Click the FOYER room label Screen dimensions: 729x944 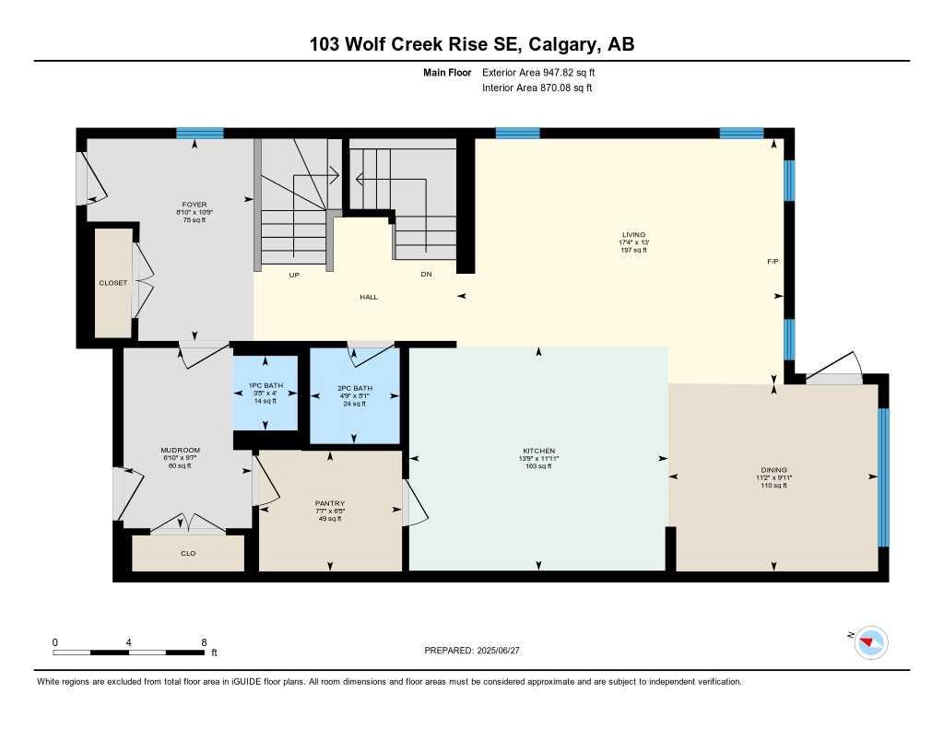pos(195,205)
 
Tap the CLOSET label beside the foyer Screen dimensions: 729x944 pos(113,283)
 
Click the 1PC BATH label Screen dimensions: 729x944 pos(265,385)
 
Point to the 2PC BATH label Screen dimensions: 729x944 pos(354,388)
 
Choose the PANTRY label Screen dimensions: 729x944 pos(329,503)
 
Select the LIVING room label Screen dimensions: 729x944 pos(633,235)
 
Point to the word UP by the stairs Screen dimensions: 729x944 pos(294,275)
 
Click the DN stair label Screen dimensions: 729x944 pos(425,275)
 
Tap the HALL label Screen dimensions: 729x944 pos(369,297)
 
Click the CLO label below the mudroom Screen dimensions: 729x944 pos(188,553)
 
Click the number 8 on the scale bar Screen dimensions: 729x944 pos(204,641)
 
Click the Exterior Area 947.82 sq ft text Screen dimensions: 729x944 pos(545,73)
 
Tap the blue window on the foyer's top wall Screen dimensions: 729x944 pos(200,133)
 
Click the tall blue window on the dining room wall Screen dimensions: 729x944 pos(883,477)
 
